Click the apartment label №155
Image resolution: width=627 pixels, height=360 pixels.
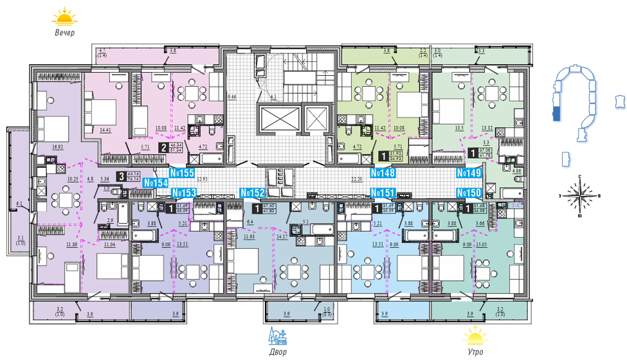(x=182, y=173)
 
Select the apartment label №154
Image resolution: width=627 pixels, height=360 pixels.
(x=156, y=183)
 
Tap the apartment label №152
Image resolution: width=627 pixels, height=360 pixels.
(x=252, y=192)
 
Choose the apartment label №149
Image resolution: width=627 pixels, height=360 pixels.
(x=469, y=173)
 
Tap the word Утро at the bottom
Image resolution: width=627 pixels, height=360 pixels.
(x=475, y=352)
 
